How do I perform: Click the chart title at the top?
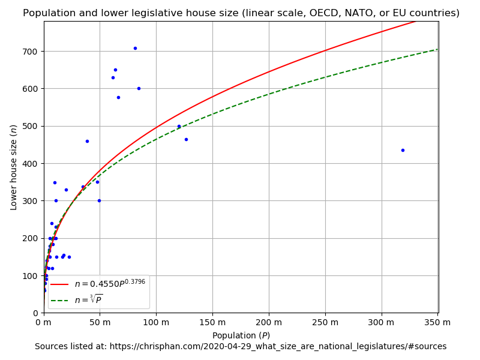coord(241,13)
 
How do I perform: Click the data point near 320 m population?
coord(403,150)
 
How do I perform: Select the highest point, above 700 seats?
coord(135,48)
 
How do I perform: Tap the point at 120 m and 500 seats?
coord(179,126)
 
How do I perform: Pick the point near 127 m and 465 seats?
coord(186,139)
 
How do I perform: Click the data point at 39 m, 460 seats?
coord(87,141)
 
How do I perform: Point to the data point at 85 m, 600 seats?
coord(139,88)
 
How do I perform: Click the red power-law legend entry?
coord(98,284)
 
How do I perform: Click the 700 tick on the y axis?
coord(31,52)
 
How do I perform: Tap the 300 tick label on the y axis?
coord(31,201)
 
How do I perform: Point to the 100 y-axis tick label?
coord(31,276)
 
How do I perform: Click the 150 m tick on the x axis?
coord(212,323)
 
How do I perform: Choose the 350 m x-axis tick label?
coord(437,323)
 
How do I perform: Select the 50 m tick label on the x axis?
coord(100,323)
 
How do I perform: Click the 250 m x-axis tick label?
coord(325,323)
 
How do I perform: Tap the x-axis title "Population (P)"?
coord(241,335)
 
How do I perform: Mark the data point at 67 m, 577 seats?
coord(118,97)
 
